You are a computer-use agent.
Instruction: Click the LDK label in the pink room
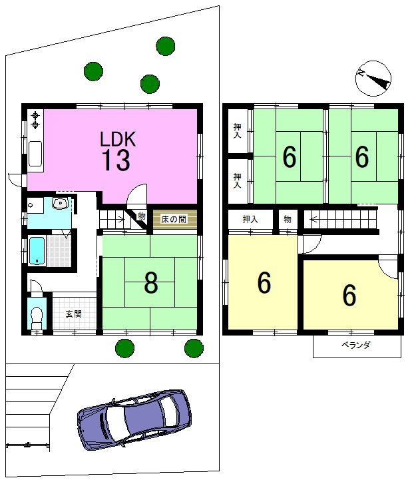point(118,139)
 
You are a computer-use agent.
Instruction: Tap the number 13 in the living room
point(116,160)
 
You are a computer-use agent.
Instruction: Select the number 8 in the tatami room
point(151,283)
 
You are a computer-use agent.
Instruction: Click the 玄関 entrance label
point(74,314)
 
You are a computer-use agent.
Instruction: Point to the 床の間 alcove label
point(174,220)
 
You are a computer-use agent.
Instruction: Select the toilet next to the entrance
point(37,318)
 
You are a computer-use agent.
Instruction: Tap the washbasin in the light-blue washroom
point(60,203)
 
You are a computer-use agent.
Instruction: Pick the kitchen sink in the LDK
point(35,153)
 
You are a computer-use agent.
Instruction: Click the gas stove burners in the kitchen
point(36,120)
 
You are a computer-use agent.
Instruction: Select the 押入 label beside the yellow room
point(250,220)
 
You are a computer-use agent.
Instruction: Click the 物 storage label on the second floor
point(288,220)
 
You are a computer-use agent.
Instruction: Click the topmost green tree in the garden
point(165,46)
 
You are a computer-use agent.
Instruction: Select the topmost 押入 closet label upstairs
point(237,131)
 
